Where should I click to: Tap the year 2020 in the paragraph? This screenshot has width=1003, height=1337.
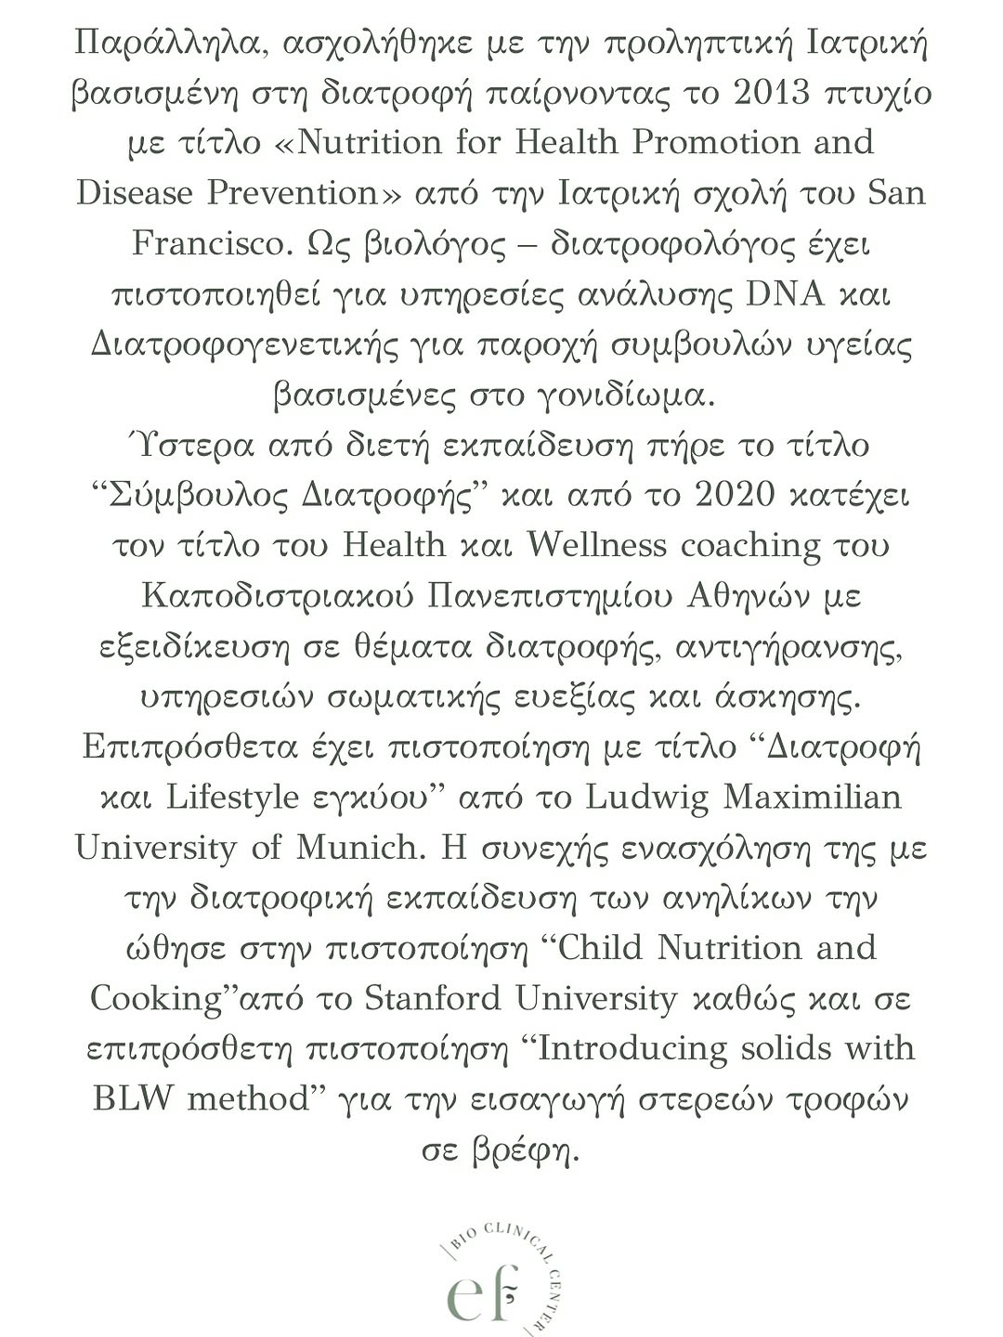click(734, 495)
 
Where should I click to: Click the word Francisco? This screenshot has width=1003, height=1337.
click(209, 243)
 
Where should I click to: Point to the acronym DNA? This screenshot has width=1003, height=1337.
click(786, 294)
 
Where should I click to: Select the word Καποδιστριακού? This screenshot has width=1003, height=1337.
click(278, 595)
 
